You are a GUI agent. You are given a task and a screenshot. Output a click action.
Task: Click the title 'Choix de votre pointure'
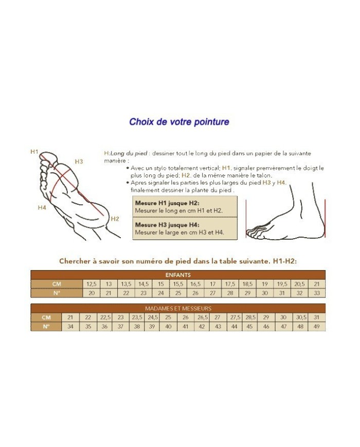click(x=179, y=122)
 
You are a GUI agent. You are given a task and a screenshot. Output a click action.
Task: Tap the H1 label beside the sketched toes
click(x=34, y=152)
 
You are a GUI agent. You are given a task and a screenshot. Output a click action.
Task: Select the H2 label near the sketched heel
click(x=115, y=219)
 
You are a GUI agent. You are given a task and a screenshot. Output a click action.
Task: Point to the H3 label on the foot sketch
click(x=79, y=162)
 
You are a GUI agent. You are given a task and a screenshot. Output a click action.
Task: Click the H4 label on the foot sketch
click(x=42, y=207)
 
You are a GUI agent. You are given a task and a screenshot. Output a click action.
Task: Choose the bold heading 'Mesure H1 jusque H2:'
click(x=167, y=203)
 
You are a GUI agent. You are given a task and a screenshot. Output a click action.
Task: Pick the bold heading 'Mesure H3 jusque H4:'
click(x=167, y=225)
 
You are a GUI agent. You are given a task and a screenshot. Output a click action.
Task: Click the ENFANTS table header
click(x=178, y=275)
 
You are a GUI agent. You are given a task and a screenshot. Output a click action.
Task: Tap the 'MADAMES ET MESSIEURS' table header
click(x=178, y=309)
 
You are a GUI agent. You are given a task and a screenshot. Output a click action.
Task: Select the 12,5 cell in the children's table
click(x=92, y=284)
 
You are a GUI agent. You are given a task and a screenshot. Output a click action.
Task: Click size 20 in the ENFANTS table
click(x=92, y=293)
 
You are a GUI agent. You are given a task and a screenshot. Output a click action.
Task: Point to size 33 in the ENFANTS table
click(x=317, y=293)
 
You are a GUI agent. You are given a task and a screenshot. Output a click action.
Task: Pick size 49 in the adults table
click(x=316, y=327)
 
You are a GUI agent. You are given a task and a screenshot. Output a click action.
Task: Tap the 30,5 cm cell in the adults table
click(x=301, y=317)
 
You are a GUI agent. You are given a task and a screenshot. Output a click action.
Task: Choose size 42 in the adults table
click(x=202, y=327)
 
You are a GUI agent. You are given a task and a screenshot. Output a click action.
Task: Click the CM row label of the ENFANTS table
click(x=57, y=284)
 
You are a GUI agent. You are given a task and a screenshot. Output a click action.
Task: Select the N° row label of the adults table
click(x=46, y=327)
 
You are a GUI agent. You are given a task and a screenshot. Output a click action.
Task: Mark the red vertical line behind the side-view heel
click(x=325, y=219)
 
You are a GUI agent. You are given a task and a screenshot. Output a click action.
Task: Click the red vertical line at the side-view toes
click(x=246, y=219)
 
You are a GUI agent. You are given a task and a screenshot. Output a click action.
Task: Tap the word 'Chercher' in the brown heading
click(x=75, y=261)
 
